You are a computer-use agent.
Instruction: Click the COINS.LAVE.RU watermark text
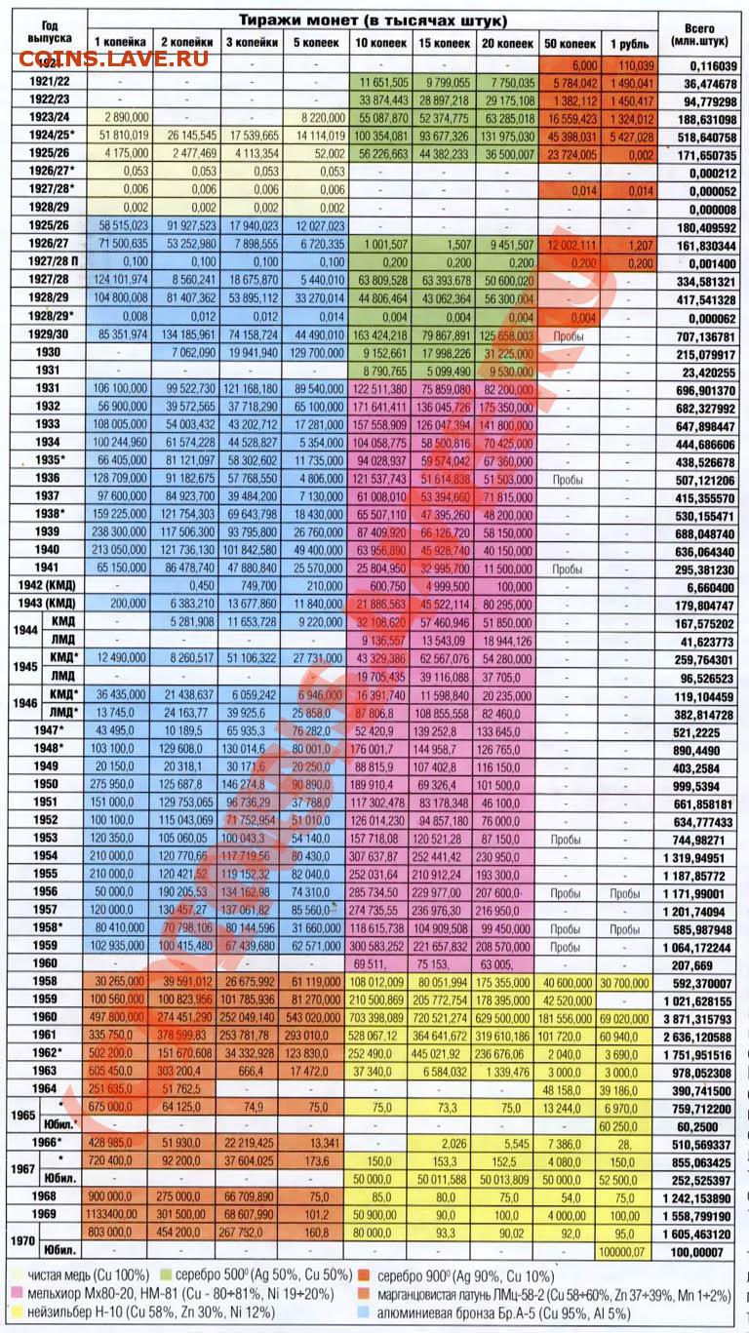113,59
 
